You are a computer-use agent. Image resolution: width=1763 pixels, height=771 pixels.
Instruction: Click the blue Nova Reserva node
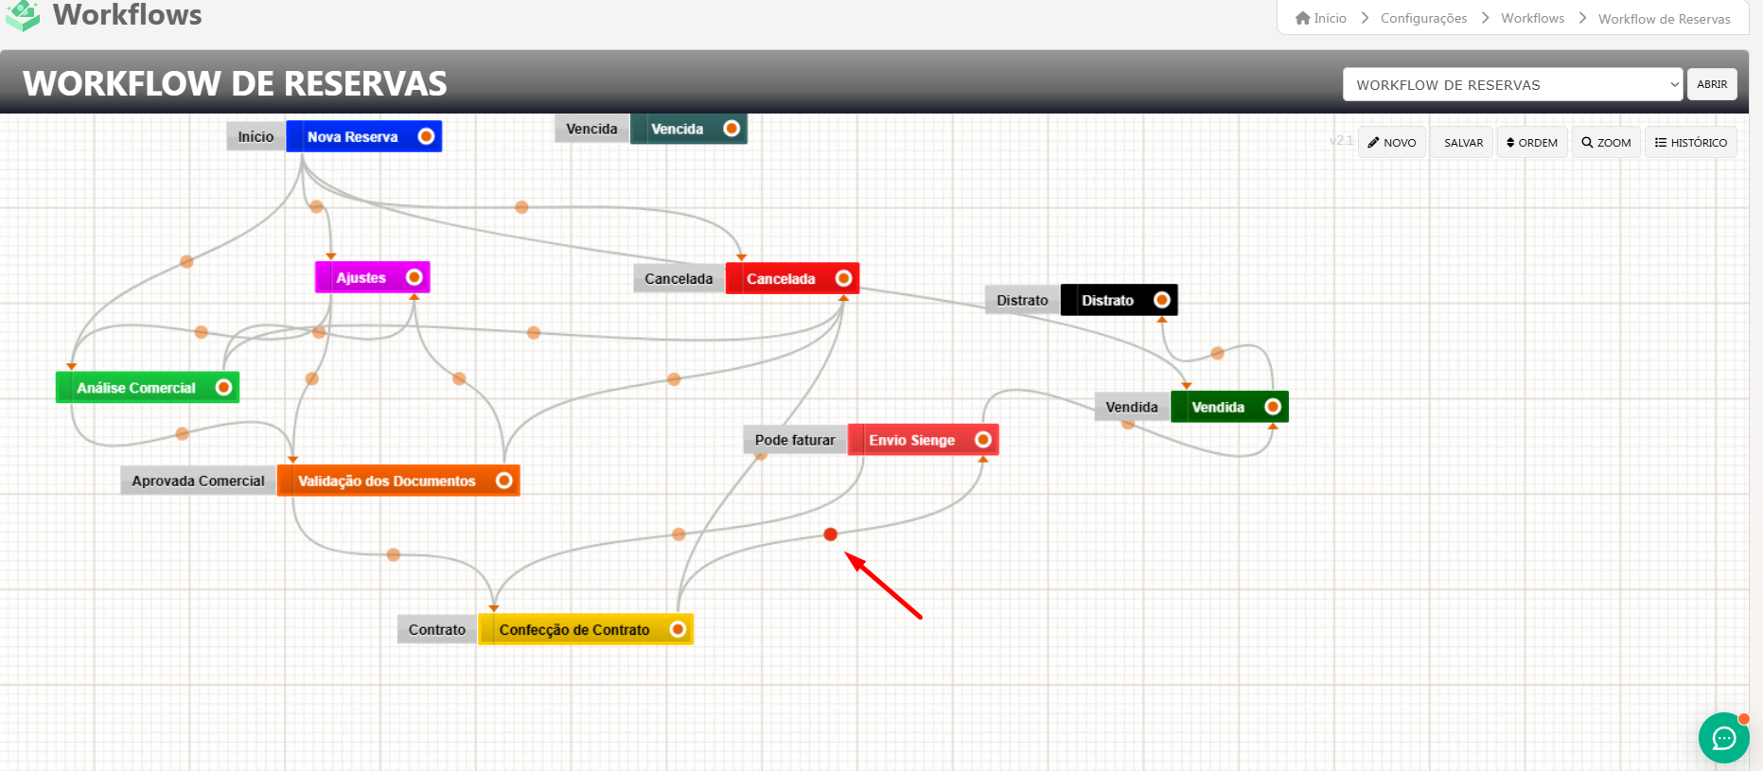[352, 137]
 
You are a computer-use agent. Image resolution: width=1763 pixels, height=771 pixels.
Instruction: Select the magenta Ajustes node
[361, 277]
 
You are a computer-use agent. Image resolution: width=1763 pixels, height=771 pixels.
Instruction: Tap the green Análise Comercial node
[136, 388]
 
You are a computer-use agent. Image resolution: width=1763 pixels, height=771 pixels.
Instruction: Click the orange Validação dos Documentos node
[387, 481]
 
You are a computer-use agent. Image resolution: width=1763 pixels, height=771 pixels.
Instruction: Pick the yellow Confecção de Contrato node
[574, 630]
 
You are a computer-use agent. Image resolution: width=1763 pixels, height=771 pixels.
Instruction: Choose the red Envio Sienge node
[912, 440]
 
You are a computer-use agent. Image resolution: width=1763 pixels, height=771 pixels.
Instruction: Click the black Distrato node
[1107, 300]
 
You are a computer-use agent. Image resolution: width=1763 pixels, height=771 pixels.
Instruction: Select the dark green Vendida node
[1218, 407]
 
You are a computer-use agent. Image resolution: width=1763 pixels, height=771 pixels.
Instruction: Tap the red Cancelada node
[781, 279]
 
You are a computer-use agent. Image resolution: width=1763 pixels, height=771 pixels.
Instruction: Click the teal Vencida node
[678, 129]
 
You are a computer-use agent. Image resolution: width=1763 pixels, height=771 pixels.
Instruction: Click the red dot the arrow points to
[830, 534]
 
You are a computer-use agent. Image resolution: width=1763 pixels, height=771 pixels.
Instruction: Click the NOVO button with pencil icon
[1391, 143]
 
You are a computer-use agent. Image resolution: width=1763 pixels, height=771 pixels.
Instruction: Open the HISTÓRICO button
[1690, 143]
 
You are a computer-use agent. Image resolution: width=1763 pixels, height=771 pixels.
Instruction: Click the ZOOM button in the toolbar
[1606, 143]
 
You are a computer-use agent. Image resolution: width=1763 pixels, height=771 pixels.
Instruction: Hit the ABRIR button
[1712, 84]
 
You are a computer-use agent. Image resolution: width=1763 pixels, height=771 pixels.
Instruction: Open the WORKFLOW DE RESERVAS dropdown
[1511, 85]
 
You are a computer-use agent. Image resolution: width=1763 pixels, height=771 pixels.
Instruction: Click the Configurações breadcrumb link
[1423, 18]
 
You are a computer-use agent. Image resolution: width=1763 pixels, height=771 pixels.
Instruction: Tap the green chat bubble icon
[1723, 738]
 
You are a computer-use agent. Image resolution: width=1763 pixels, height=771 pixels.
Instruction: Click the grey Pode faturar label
[795, 440]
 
